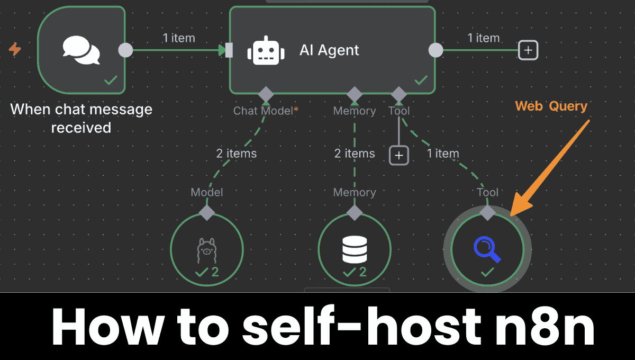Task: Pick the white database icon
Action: pos(355,249)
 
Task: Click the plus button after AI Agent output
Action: pos(528,50)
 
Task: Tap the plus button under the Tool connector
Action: pos(399,155)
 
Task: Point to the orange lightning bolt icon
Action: pos(15,50)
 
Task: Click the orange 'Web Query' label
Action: pos(551,106)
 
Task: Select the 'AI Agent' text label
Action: pos(329,50)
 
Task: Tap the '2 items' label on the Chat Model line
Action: pos(236,154)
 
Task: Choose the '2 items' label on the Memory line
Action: pos(355,154)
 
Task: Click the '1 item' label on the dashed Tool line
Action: pos(442,154)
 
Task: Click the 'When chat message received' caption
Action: pos(81,119)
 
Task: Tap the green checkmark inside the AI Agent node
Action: pos(421,80)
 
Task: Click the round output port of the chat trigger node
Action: pos(125,50)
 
